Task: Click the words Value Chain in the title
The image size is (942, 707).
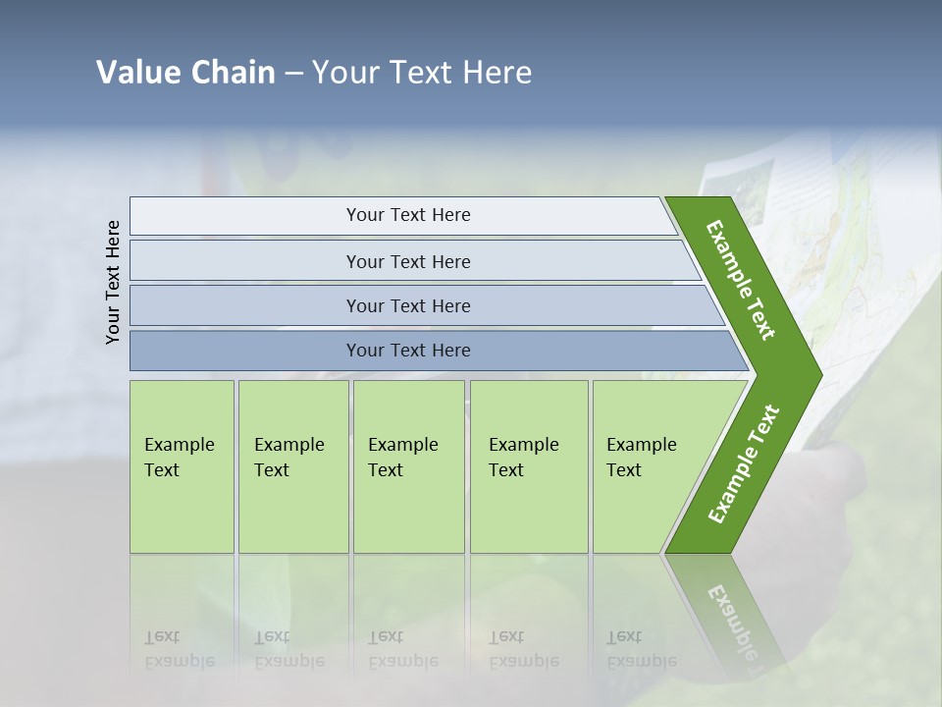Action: point(185,73)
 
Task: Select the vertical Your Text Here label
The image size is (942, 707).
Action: point(113,282)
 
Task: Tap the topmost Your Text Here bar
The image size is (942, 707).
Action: point(408,215)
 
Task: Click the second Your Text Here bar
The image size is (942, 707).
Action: point(408,261)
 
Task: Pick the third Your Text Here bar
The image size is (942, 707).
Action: point(408,305)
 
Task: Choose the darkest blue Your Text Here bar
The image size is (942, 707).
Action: point(408,351)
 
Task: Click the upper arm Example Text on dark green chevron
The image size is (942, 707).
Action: point(741,280)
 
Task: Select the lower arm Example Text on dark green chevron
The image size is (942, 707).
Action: point(743,464)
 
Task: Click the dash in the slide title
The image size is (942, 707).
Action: point(293,74)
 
